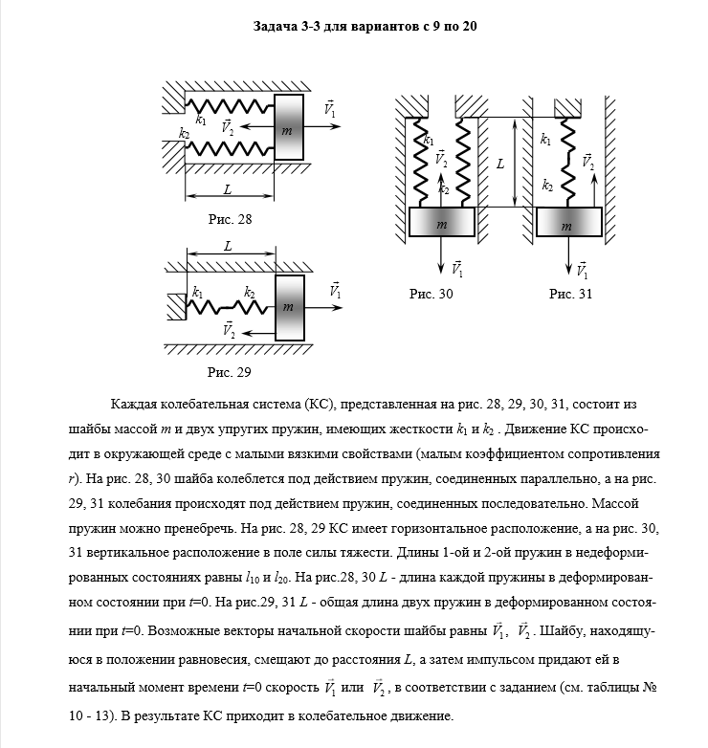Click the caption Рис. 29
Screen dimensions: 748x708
pyautogui.click(x=230, y=371)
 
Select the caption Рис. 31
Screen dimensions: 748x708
pyautogui.click(x=570, y=295)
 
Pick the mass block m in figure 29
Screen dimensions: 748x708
pyautogui.click(x=289, y=306)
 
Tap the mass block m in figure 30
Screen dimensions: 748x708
pyautogui.click(x=441, y=223)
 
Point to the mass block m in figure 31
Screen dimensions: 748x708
pyautogui.click(x=569, y=224)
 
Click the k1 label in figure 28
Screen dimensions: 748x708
pyautogui.click(x=200, y=121)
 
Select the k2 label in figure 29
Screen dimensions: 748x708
pyautogui.click(x=250, y=292)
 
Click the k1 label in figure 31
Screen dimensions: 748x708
pyautogui.click(x=545, y=141)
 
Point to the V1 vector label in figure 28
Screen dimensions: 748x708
pyautogui.click(x=330, y=109)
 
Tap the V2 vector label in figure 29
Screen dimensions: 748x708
pyautogui.click(x=229, y=330)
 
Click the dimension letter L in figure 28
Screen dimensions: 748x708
pyautogui.click(x=228, y=189)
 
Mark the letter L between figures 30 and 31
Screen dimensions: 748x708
pyautogui.click(x=499, y=164)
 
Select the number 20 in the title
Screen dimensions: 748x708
pyautogui.click(x=469, y=27)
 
